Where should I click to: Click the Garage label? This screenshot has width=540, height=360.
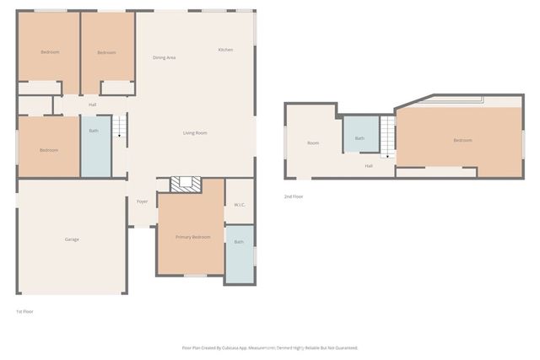(x=72, y=239)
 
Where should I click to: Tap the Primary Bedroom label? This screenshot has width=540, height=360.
(x=192, y=238)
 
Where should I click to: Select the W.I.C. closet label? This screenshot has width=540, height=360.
(x=239, y=204)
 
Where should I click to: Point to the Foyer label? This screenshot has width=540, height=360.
(x=143, y=201)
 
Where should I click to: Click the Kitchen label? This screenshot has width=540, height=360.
(x=225, y=50)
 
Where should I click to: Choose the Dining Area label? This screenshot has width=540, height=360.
(x=164, y=57)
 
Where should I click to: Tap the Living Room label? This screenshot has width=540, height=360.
(x=195, y=133)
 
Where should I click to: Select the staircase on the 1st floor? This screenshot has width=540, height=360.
(x=119, y=127)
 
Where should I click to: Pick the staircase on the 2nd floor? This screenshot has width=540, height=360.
(x=387, y=136)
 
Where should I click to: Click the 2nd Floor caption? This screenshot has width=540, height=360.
(x=294, y=196)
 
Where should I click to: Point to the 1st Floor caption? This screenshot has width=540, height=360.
(x=24, y=312)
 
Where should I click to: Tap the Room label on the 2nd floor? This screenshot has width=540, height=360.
(x=313, y=143)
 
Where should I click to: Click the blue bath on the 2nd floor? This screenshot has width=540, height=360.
(x=359, y=134)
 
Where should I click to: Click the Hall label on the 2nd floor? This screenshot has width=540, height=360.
(x=369, y=166)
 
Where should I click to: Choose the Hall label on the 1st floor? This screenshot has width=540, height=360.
(x=92, y=105)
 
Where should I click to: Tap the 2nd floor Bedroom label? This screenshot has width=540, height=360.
(x=462, y=140)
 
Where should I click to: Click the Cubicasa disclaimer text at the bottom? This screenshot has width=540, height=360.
(x=270, y=347)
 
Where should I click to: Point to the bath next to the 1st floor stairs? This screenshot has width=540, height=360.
(x=94, y=143)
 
